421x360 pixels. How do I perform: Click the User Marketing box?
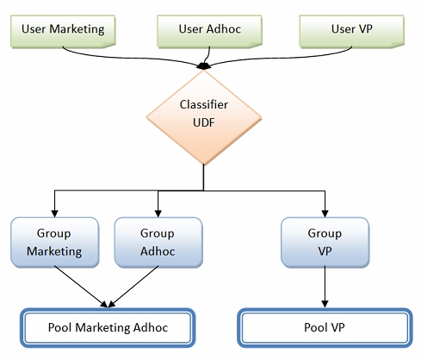pyautogui.click(x=63, y=31)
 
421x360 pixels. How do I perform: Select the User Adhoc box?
pyautogui.click(x=209, y=31)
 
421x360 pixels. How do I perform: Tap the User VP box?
pyautogui.click(x=352, y=31)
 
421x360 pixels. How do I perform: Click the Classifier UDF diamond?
pyautogui.click(x=204, y=117)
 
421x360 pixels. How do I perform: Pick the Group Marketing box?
pyautogui.click(x=55, y=242)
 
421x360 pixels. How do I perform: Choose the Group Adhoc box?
pyautogui.click(x=158, y=242)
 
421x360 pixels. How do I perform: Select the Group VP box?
pyautogui.click(x=325, y=242)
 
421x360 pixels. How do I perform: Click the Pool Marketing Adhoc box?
pyautogui.click(x=108, y=327)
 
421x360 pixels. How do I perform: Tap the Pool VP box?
pyautogui.click(x=325, y=327)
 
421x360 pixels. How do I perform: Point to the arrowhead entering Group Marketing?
pyautogui.click(x=54, y=214)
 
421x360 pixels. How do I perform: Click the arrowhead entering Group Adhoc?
pyautogui.click(x=158, y=214)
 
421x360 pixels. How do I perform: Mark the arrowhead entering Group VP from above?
pyautogui.click(x=325, y=214)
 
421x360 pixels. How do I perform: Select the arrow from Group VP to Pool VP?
pyautogui.click(x=325, y=287)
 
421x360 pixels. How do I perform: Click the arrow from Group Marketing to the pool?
pyautogui.click(x=80, y=286)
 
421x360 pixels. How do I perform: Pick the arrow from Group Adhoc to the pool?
pyautogui.click(x=133, y=286)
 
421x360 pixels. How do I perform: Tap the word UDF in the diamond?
pyautogui.click(x=204, y=122)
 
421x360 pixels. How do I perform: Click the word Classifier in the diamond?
pyautogui.click(x=204, y=104)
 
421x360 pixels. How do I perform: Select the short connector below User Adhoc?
pyautogui.click(x=208, y=56)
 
